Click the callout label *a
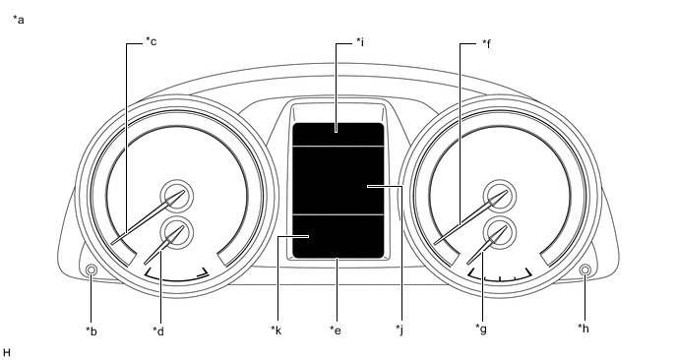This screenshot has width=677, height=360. click(18, 20)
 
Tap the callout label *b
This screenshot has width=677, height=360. click(92, 331)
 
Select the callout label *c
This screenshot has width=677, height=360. click(151, 41)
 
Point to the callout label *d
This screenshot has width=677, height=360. click(158, 330)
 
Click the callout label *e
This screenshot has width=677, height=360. click(336, 330)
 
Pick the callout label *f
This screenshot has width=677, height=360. click(486, 43)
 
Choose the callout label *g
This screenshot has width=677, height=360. click(481, 330)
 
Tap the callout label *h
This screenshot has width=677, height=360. click(584, 329)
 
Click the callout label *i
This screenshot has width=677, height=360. click(360, 42)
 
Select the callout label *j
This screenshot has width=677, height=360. click(400, 330)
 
